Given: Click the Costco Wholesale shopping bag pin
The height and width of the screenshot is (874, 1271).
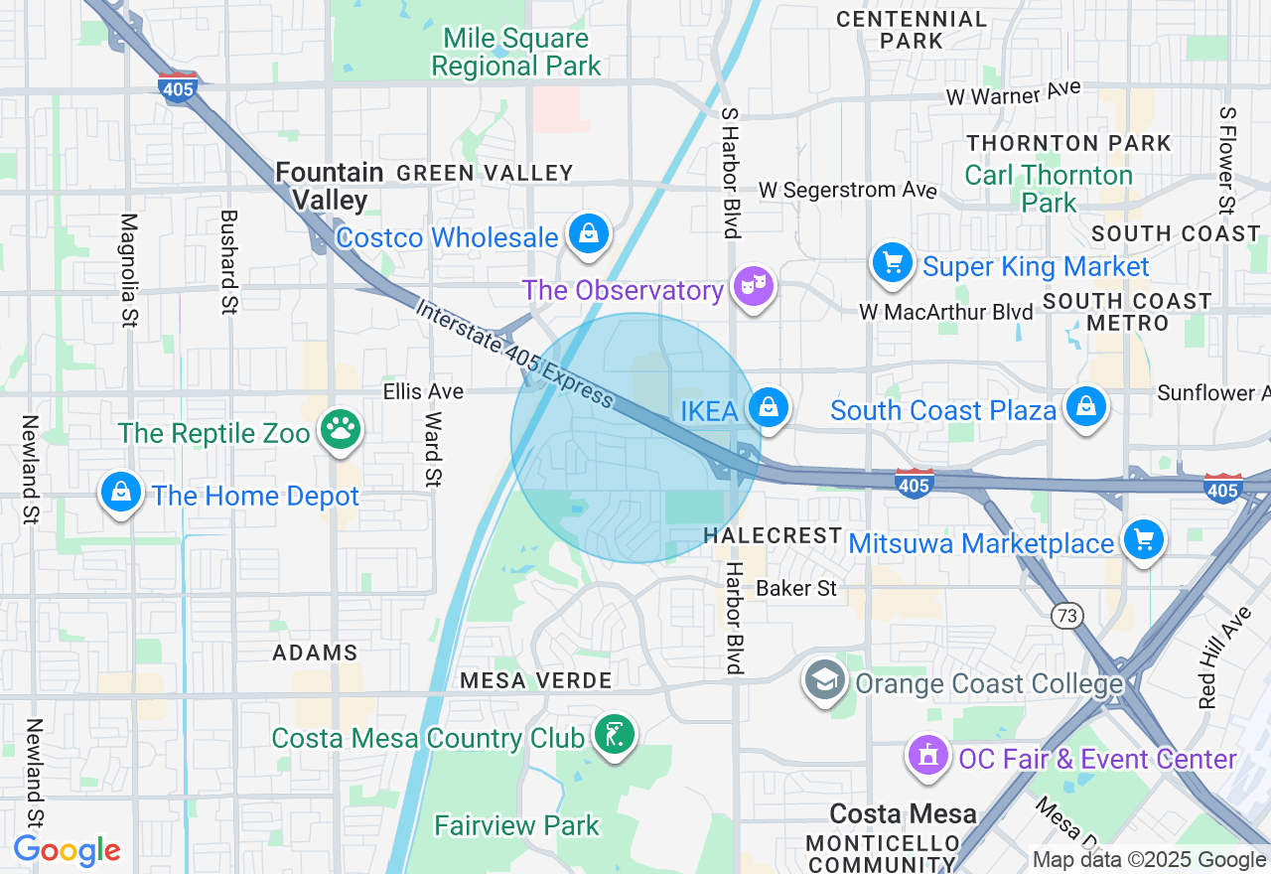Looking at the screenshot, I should tap(588, 234).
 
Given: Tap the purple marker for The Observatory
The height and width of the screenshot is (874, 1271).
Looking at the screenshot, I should tap(753, 288).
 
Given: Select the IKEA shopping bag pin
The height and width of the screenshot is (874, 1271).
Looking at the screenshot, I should tap(768, 407).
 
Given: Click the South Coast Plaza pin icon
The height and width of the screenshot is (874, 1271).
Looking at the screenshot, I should tap(1086, 407).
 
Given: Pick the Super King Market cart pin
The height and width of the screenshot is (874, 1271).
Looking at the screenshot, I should tap(892, 263).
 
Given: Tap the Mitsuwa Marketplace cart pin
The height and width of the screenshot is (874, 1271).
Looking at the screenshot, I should tap(1143, 539).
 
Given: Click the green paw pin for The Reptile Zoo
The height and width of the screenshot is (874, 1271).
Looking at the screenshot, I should tap(341, 431).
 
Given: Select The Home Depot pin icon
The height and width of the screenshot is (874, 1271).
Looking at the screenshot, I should tap(120, 493).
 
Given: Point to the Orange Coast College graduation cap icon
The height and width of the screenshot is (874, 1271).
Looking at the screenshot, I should tap(824, 681).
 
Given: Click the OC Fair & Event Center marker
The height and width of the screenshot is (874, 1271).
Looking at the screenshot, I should tap(927, 757).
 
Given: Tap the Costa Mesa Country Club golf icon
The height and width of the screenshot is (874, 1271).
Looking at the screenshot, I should tap(613, 736).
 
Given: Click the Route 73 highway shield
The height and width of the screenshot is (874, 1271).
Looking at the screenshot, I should tap(1066, 617).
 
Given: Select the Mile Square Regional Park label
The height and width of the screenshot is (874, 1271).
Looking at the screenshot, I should tap(516, 53).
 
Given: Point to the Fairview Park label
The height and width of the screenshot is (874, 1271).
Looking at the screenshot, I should tap(517, 825).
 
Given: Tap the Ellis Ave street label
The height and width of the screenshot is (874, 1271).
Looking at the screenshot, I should tap(423, 391).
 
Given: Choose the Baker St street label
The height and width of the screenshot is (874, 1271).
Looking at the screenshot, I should tap(796, 588).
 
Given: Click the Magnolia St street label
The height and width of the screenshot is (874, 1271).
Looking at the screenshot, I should tap(129, 270).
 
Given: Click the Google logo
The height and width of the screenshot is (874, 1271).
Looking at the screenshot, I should tap(67, 850).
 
